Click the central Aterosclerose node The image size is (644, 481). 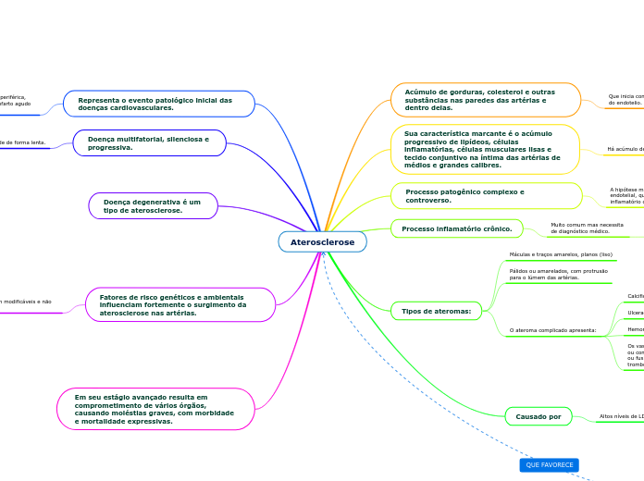pos(322,241)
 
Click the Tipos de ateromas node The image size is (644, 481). pos(436,311)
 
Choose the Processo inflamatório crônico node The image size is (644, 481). pos(457,228)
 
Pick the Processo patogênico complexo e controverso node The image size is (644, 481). pos(486,196)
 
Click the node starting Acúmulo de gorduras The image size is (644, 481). pos(485,100)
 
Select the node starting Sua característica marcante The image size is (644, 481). pos(485,149)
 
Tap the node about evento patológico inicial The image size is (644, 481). pos(158,104)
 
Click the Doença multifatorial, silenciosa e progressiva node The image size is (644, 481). pos(150,143)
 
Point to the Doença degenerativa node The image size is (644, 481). pos(153,205)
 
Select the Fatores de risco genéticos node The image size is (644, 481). pos(180,304)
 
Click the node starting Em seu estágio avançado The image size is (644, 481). pos(155,409)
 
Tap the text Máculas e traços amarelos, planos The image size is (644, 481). pos(561,254)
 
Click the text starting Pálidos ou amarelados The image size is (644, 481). pos(558,274)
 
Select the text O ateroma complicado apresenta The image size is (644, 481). pos(553,329)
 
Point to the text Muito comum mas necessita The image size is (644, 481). pos(587,228)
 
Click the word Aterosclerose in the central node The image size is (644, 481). pos(322,241)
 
